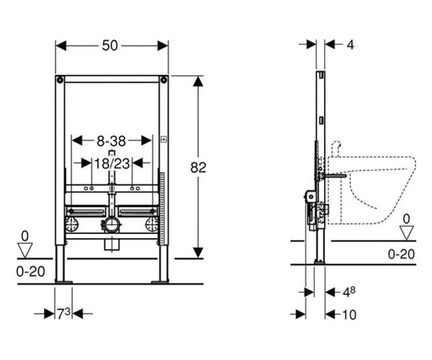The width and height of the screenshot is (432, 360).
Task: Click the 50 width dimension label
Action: [x=109, y=46]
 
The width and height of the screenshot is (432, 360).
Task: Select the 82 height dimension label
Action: [x=198, y=168]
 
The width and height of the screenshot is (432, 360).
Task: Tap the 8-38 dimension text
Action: [x=112, y=141]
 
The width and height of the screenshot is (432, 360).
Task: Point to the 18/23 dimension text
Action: [x=112, y=164]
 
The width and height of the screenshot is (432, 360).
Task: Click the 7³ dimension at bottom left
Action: [x=63, y=313]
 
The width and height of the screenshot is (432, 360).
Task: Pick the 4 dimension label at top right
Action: [x=350, y=45]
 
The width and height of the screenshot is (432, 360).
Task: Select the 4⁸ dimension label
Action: [x=348, y=292]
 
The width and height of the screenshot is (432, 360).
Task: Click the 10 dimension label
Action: [x=349, y=315]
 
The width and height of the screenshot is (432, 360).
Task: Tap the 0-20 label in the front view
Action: [x=30, y=272]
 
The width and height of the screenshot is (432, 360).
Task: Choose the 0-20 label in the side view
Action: [x=401, y=254]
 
